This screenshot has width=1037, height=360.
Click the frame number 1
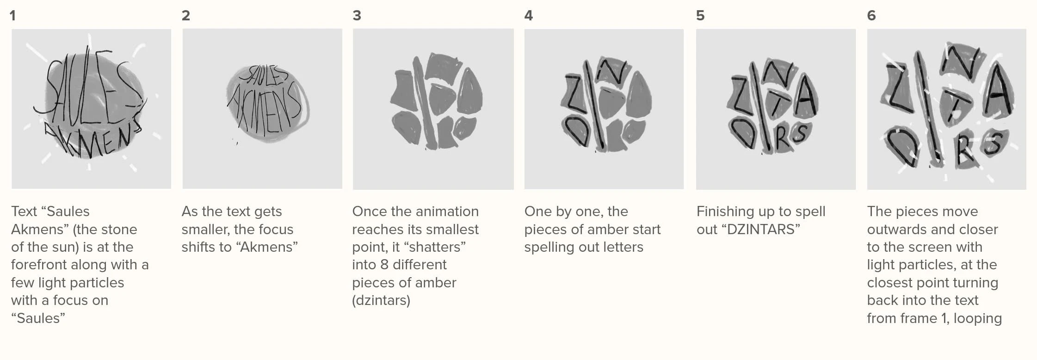[12, 16]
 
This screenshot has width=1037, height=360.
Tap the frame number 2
[185, 16]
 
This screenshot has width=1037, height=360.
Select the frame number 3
[357, 16]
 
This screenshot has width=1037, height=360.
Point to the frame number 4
[529, 16]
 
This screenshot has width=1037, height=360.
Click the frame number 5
[700, 16]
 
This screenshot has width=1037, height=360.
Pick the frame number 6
[871, 16]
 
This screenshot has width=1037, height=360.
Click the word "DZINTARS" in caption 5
[763, 230]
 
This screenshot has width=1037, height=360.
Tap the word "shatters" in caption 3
[435, 247]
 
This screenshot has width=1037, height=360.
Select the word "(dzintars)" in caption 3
[381, 301]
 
